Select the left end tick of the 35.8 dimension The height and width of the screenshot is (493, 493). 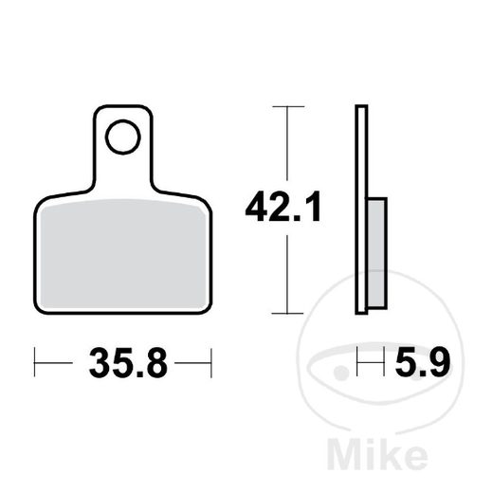pyautogui.click(x=35, y=360)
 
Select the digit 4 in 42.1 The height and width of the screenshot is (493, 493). pyautogui.click(x=255, y=208)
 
